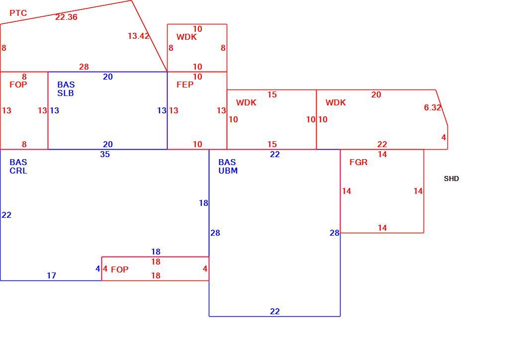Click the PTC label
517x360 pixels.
click(x=18, y=13)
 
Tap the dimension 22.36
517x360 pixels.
click(x=66, y=17)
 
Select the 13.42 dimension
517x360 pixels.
click(x=139, y=36)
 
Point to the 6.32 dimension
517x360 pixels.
click(x=432, y=107)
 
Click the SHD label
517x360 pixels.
click(x=451, y=179)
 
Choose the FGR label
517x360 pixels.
click(x=358, y=162)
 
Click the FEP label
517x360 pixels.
click(x=185, y=85)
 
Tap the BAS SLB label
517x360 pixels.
click(x=66, y=89)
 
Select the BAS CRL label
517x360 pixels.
click(x=18, y=167)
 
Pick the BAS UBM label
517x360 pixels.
click(x=228, y=167)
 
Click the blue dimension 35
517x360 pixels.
click(x=105, y=154)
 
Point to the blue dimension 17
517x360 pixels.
click(x=51, y=275)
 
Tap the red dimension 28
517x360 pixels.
click(x=84, y=67)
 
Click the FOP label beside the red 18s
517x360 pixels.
click(x=120, y=270)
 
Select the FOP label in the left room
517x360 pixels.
click(x=18, y=85)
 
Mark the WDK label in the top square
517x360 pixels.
click(x=186, y=37)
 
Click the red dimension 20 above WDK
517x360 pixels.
click(x=376, y=95)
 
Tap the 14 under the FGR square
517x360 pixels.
click(x=382, y=228)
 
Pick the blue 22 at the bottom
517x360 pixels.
click(x=274, y=312)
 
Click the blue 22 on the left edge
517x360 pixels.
click(x=6, y=215)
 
